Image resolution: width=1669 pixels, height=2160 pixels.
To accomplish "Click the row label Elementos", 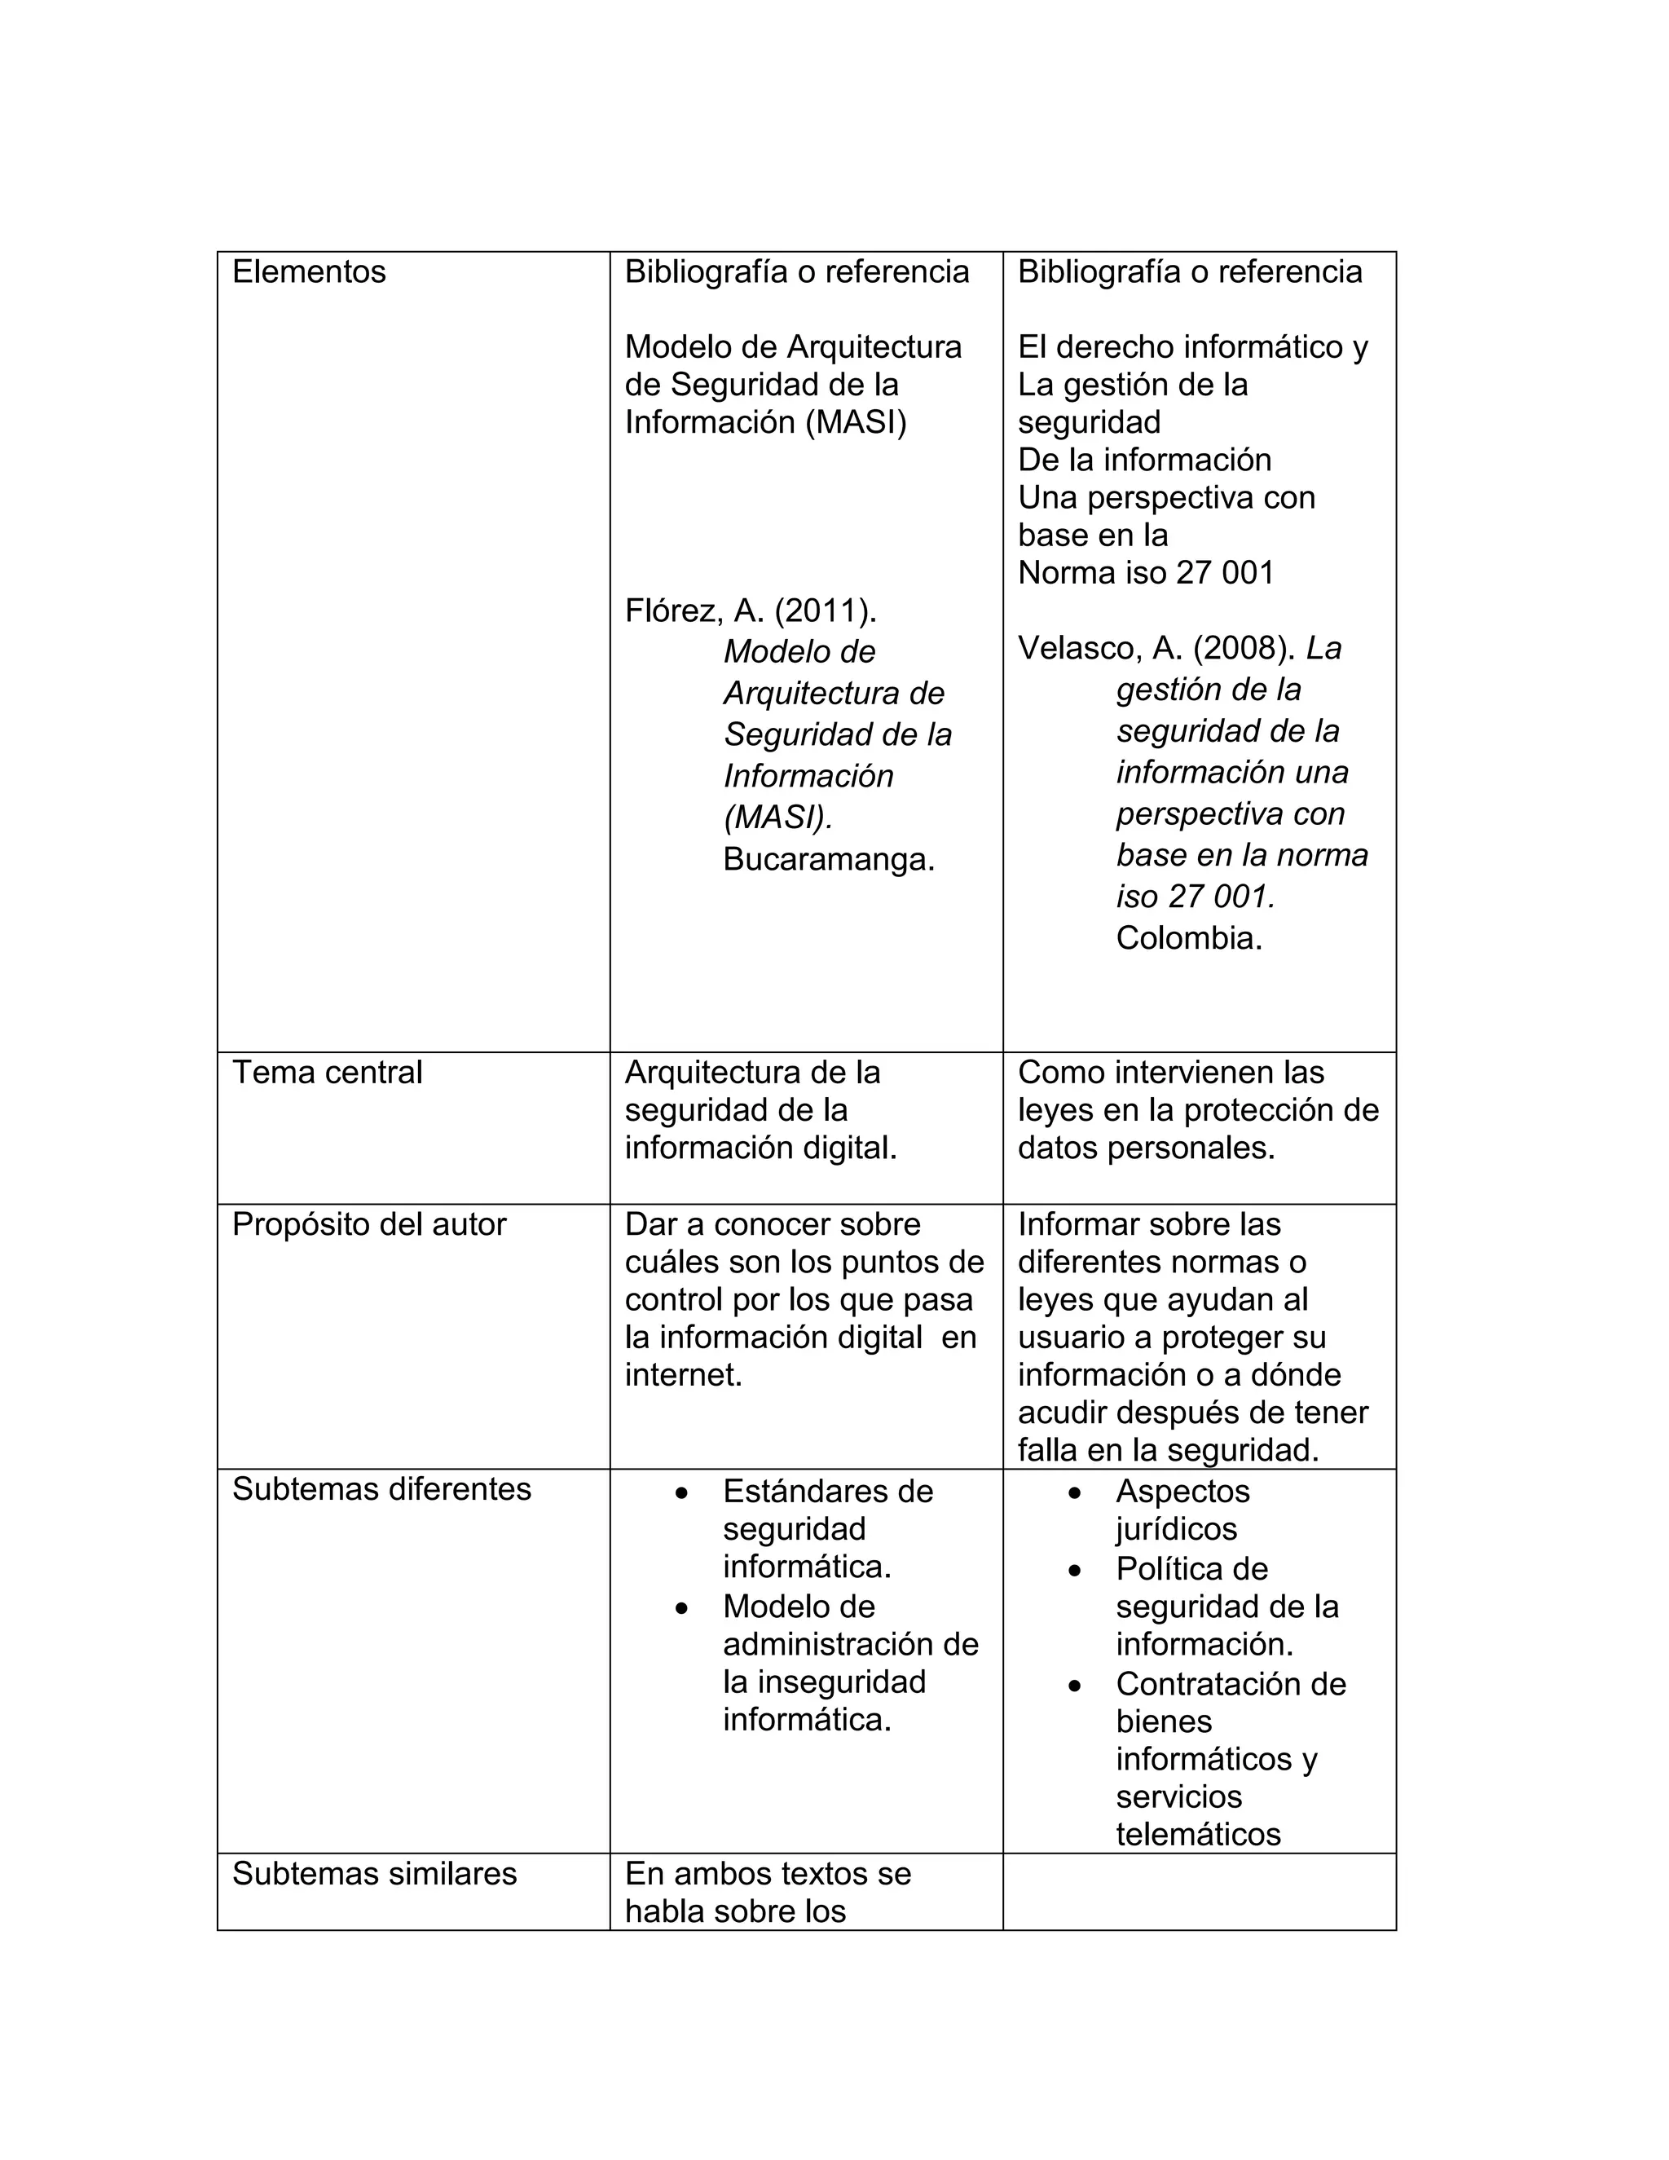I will (309, 272).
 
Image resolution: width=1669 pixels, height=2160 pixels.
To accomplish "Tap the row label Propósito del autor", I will (369, 1224).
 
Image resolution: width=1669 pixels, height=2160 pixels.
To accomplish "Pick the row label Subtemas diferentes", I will (381, 1489).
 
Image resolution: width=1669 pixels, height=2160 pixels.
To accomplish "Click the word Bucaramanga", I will (828, 859).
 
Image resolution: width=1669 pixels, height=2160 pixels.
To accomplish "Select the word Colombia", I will (1188, 937).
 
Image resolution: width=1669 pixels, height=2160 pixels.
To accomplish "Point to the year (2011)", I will (825, 612).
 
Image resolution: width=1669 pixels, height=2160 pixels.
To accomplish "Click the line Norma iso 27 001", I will (1145, 574).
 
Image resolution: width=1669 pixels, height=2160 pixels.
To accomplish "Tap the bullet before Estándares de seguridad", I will (681, 1492).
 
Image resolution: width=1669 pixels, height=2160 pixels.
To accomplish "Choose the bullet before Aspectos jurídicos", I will (1075, 1492).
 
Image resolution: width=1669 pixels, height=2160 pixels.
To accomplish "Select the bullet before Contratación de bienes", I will (1075, 1686).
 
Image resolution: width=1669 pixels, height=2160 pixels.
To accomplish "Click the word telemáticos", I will (1197, 1835).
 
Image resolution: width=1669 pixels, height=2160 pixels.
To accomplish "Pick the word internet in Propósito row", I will (682, 1376).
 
